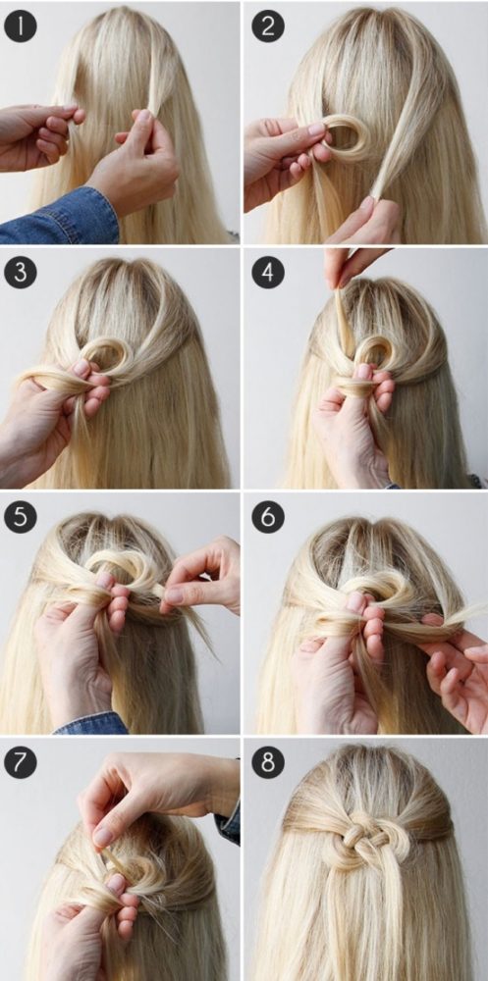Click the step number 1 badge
point(20,26)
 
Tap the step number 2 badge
point(268,26)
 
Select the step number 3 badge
point(20,274)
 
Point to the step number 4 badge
point(268,274)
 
